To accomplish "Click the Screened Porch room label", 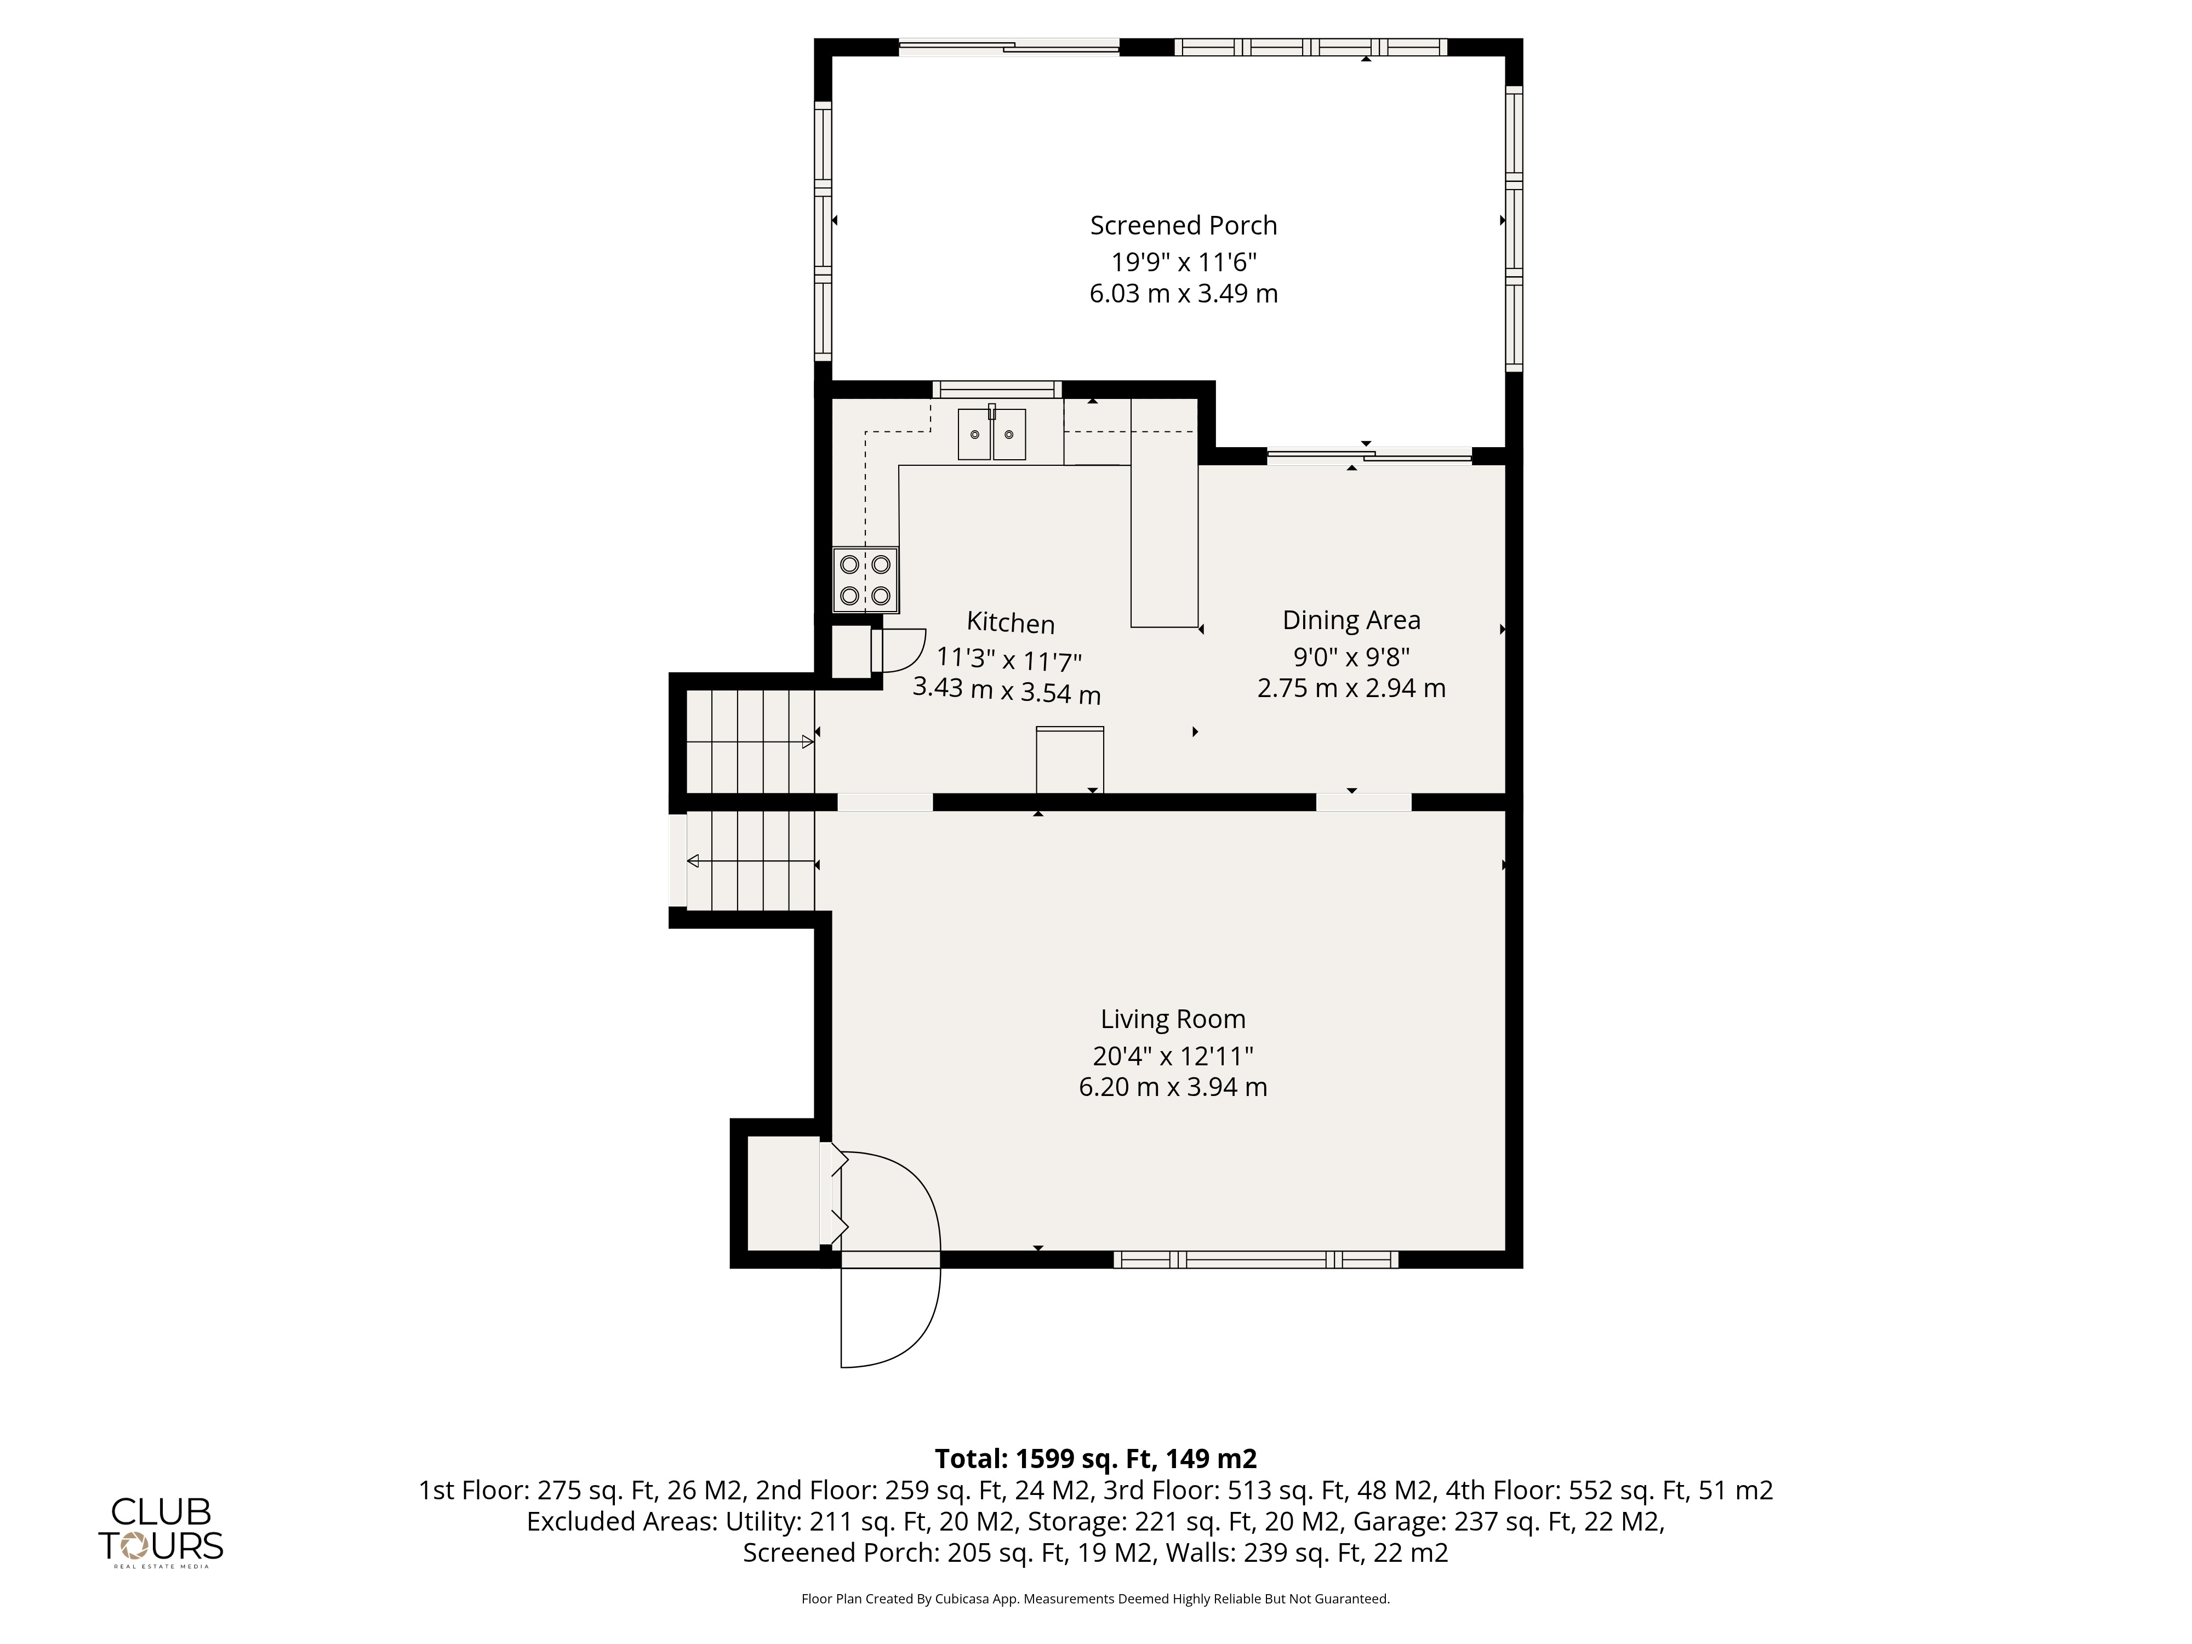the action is (1183, 226).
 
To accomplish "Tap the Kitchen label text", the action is (1011, 623).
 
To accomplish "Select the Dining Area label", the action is (1352, 620).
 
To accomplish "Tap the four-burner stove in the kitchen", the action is (865, 580).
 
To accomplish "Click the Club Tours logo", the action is (161, 1531).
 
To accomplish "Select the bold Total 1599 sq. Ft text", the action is (1096, 1459).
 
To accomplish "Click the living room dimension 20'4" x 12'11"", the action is (1173, 1057).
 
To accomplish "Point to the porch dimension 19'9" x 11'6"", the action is (1183, 262).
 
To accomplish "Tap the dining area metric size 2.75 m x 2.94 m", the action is (1352, 688).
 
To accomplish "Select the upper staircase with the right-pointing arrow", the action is (750, 741).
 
